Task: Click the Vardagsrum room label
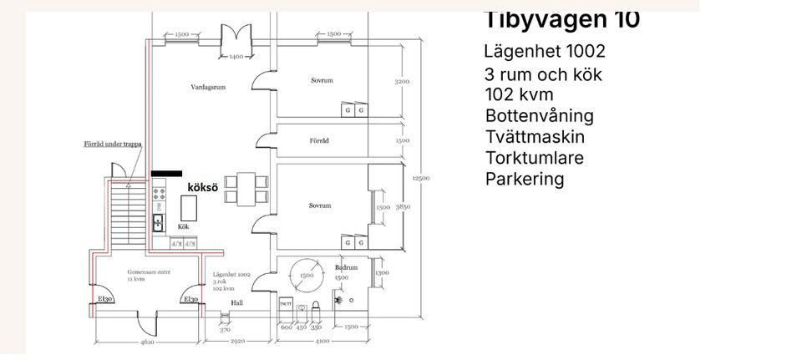click(x=209, y=87)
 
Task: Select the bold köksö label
click(x=200, y=190)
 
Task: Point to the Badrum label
click(x=346, y=268)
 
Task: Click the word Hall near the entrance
click(x=237, y=303)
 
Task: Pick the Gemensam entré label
click(x=145, y=272)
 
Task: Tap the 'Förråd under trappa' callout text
click(x=113, y=144)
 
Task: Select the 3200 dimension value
click(x=402, y=82)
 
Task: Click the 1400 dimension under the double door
click(x=236, y=56)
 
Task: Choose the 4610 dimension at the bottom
click(x=146, y=342)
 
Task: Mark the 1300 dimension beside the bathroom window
click(x=382, y=272)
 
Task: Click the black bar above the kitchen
click(x=166, y=174)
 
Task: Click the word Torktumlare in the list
click(x=535, y=158)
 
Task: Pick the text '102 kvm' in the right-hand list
click(x=518, y=94)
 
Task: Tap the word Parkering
click(x=525, y=179)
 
